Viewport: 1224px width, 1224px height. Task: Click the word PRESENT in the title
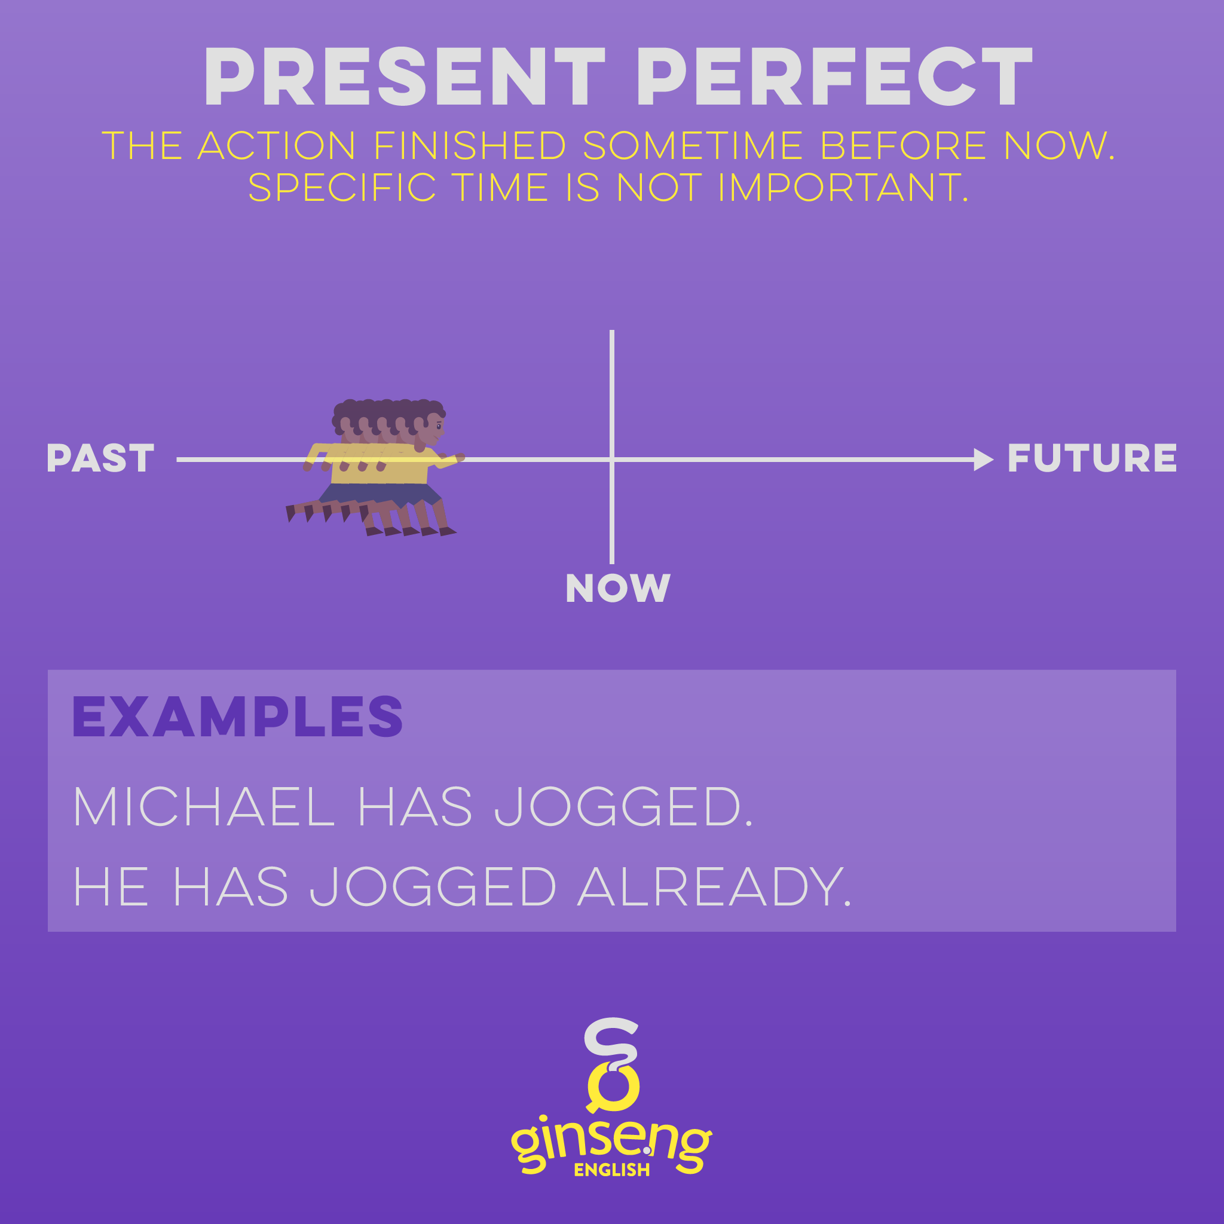(x=404, y=76)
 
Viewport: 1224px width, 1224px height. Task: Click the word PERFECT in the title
(x=835, y=76)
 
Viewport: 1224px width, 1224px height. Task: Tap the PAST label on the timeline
(x=100, y=458)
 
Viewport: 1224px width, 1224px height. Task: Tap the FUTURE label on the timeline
(x=1093, y=458)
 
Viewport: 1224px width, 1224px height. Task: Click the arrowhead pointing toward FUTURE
(x=983, y=460)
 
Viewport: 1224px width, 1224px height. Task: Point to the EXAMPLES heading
(x=238, y=716)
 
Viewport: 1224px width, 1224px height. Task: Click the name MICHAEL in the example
(x=204, y=806)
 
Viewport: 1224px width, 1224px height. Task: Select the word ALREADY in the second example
(x=715, y=886)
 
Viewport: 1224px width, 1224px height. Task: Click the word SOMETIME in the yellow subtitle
(x=693, y=146)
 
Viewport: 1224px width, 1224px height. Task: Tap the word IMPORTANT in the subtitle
(x=843, y=188)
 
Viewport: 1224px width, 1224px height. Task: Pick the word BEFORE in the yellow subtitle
(x=904, y=146)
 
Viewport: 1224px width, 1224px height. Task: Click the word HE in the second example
(x=112, y=886)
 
